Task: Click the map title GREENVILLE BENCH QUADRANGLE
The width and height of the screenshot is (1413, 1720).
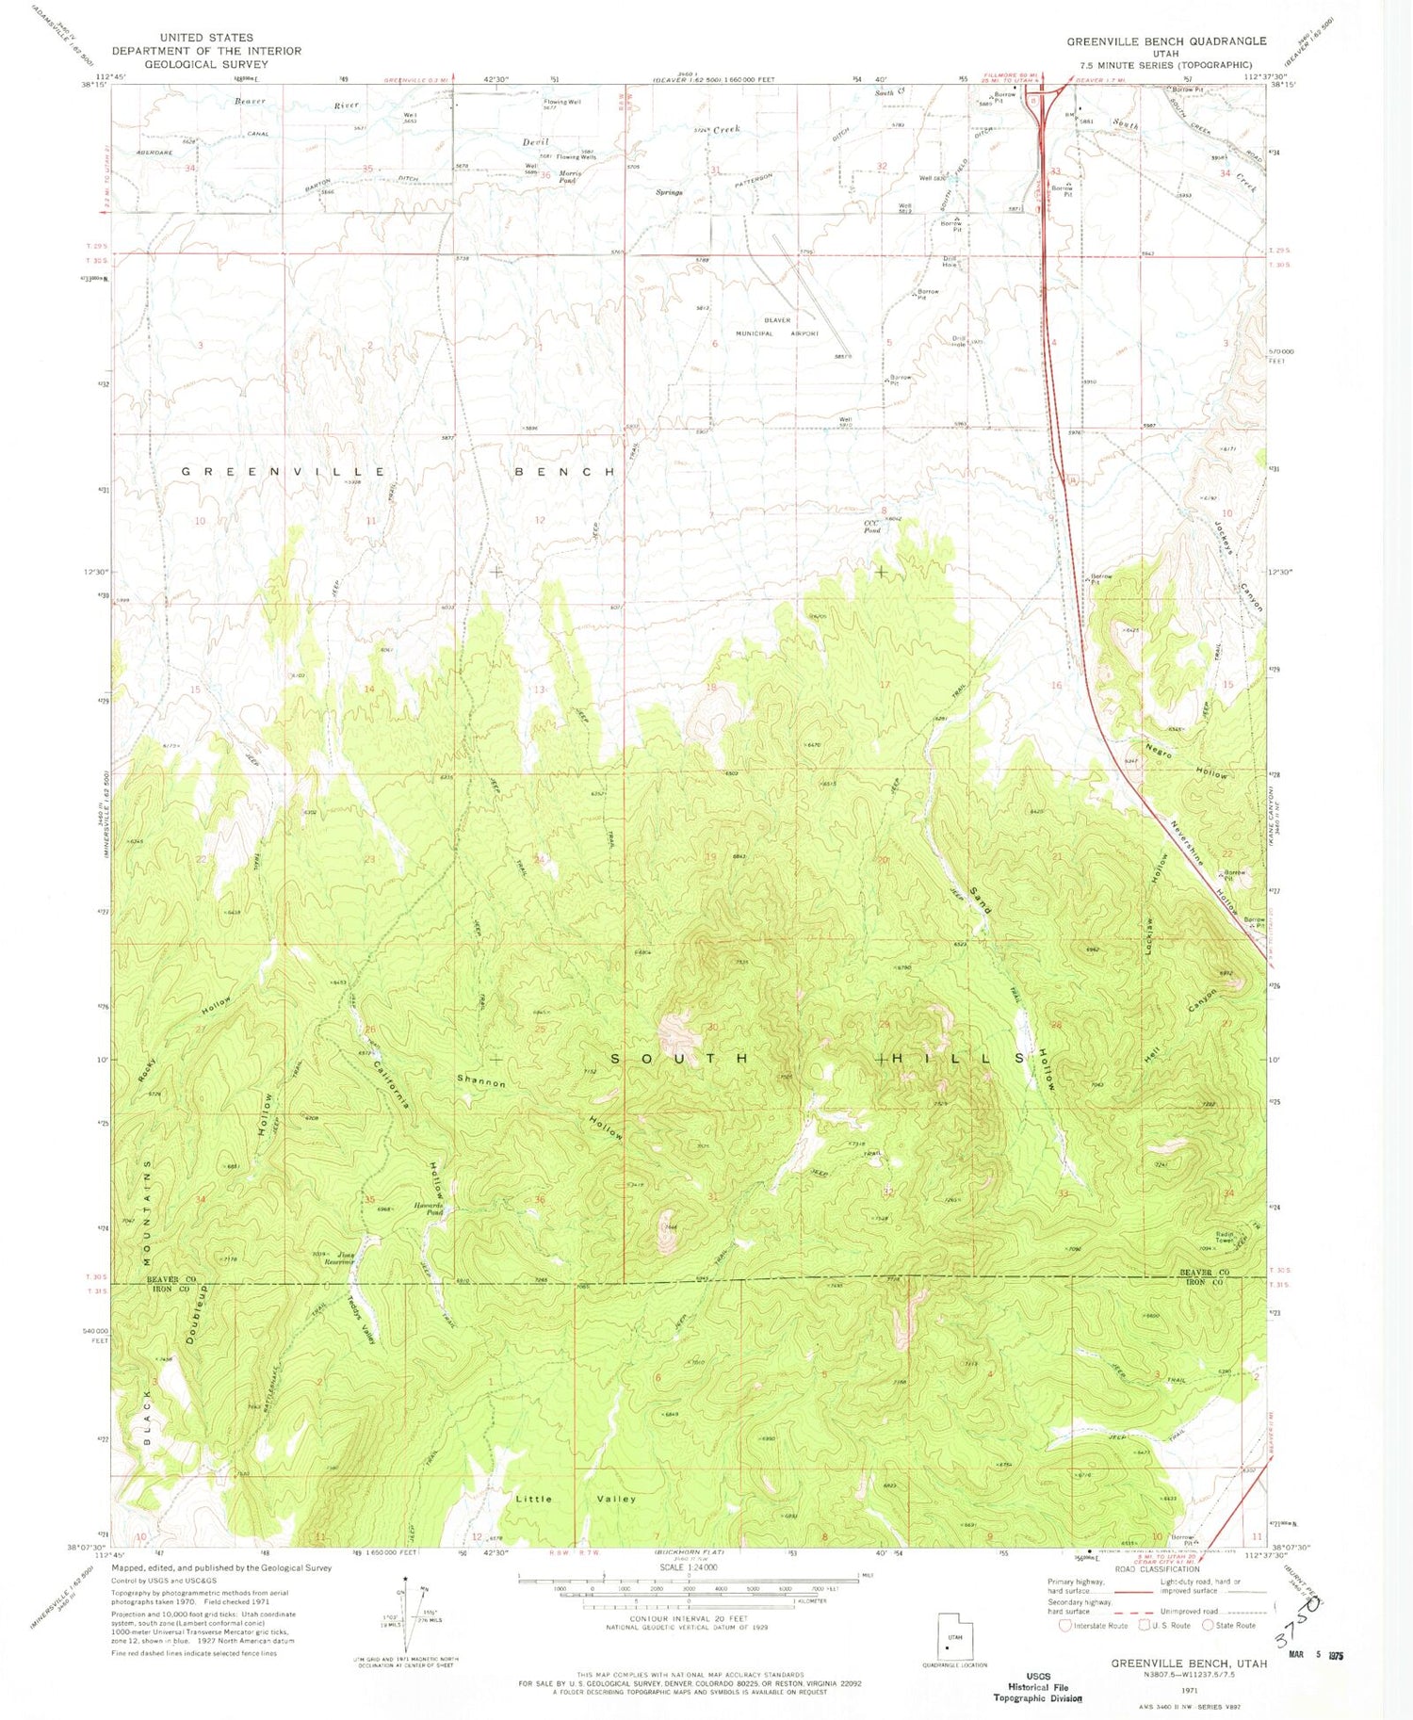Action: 1166,41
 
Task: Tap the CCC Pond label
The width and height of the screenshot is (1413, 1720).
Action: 872,527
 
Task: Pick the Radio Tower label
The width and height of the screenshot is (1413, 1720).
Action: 1225,1238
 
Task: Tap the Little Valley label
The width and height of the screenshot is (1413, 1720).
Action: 576,1498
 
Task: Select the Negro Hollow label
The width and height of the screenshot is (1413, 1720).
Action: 1187,757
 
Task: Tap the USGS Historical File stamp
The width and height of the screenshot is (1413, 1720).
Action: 1038,1687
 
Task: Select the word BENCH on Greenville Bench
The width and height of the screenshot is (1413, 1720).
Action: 565,471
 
